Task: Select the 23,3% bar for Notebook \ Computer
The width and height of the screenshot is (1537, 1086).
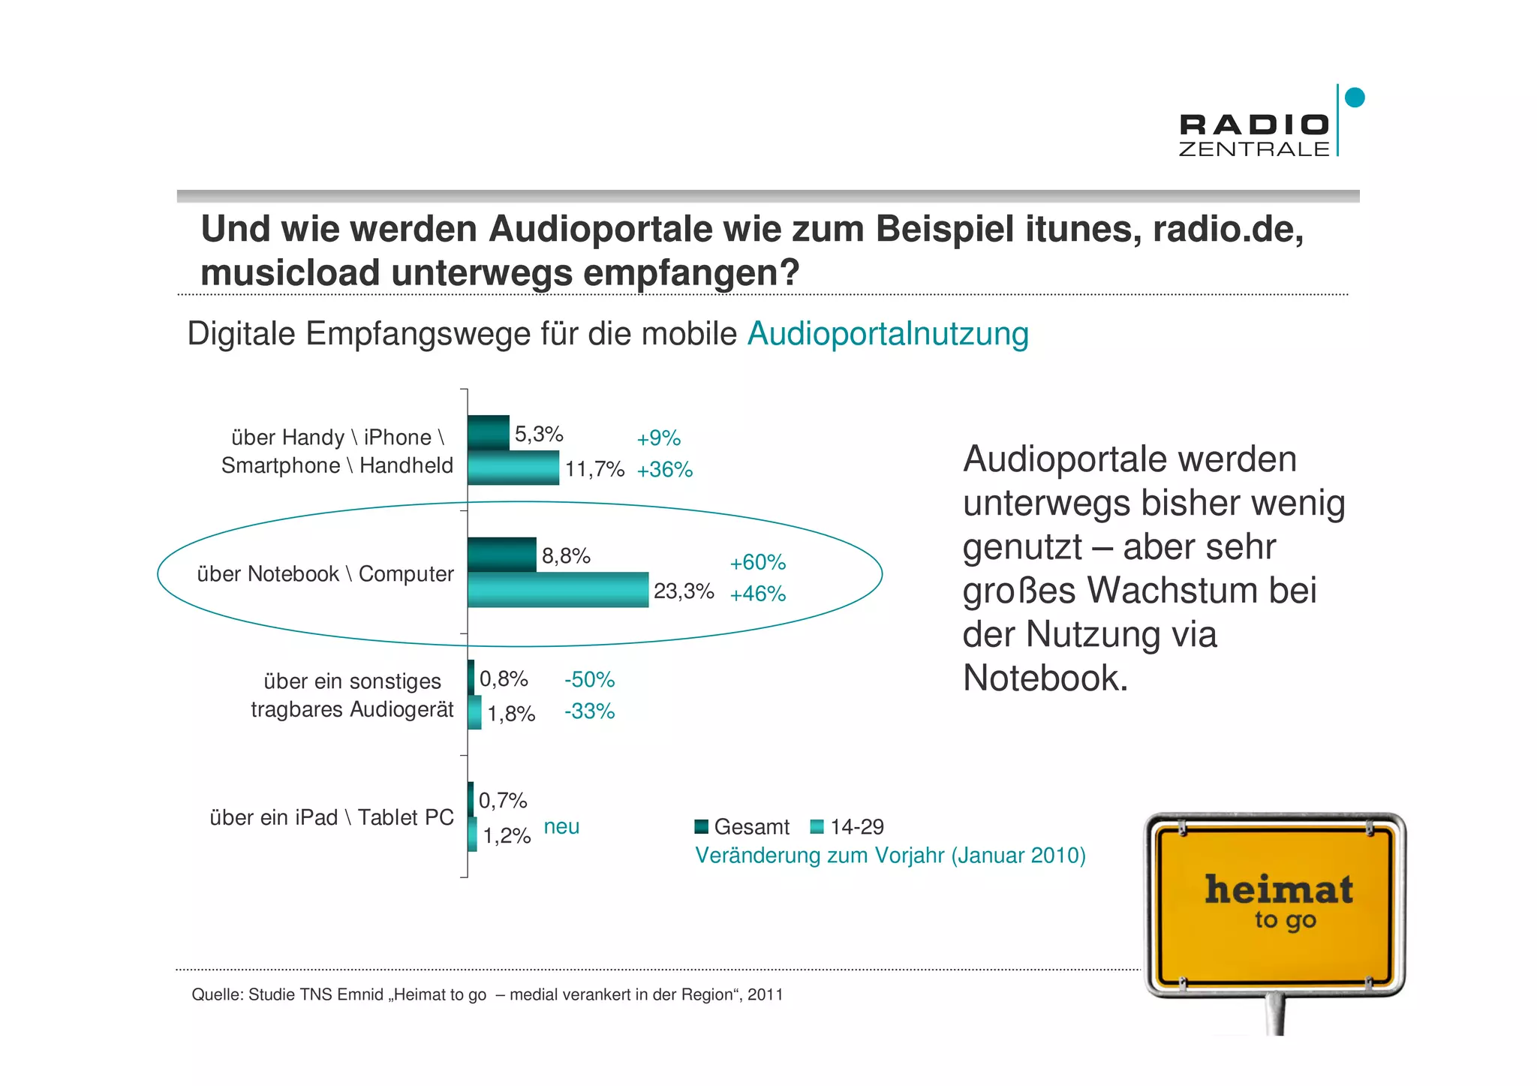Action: pyautogui.click(x=558, y=590)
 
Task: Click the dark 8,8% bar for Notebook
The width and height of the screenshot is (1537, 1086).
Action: pyautogui.click(x=502, y=555)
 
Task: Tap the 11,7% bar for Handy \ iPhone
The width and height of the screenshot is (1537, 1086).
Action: pyautogui.click(x=513, y=468)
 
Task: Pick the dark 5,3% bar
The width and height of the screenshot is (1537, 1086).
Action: pyautogui.click(x=489, y=433)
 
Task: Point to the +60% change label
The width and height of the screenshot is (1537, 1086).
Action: pyautogui.click(x=757, y=562)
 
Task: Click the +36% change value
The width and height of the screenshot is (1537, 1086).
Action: pyautogui.click(x=664, y=470)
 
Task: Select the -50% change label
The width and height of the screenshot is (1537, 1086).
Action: pyautogui.click(x=589, y=679)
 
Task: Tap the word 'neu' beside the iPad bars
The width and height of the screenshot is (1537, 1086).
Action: pyautogui.click(x=561, y=826)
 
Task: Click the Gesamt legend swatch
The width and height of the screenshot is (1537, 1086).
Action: pyautogui.click(x=702, y=827)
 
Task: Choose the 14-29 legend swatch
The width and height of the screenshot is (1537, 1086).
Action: pyautogui.click(x=817, y=827)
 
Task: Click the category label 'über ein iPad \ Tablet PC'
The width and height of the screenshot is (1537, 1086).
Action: pyautogui.click(x=332, y=817)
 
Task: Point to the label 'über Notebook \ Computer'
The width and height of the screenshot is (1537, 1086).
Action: pyautogui.click(x=325, y=574)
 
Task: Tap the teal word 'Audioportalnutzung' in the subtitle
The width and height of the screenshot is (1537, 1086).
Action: pyautogui.click(x=887, y=334)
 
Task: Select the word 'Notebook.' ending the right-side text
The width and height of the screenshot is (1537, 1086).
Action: pyautogui.click(x=1045, y=678)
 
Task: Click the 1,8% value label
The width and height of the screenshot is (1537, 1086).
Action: pyautogui.click(x=511, y=713)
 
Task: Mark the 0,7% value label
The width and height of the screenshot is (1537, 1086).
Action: pyautogui.click(x=503, y=801)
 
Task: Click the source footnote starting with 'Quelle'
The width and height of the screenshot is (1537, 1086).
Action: pyautogui.click(x=487, y=994)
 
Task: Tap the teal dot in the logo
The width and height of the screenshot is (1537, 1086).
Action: pyautogui.click(x=1355, y=98)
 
